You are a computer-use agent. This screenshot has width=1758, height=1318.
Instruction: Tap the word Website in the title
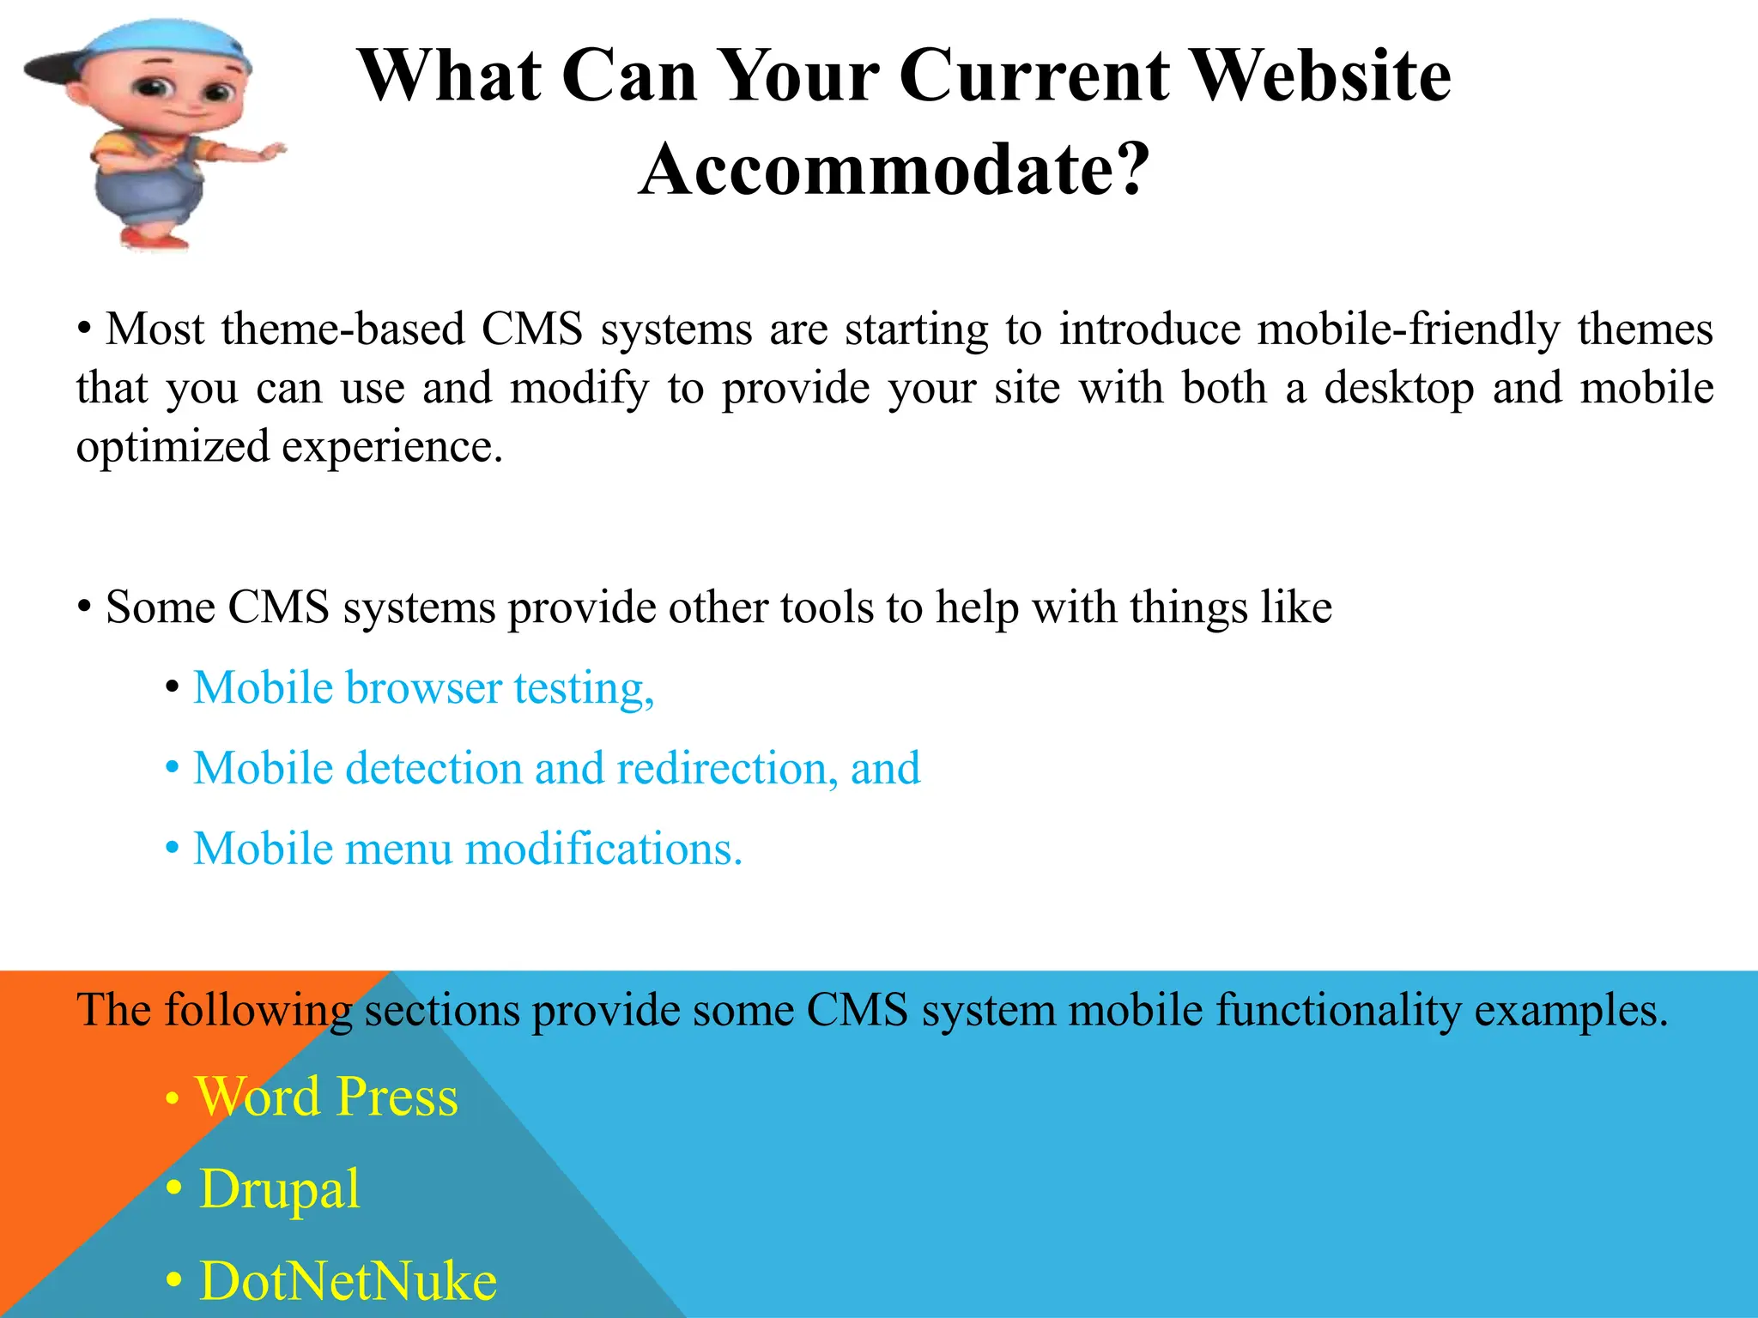1322,76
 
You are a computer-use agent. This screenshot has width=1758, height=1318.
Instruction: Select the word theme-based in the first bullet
343,329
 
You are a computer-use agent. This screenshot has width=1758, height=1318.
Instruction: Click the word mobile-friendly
1408,329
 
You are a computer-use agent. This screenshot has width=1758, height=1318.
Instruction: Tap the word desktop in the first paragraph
1399,388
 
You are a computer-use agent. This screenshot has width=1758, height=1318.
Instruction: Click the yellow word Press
397,1097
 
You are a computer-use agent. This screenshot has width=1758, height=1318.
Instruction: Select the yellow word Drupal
279,1189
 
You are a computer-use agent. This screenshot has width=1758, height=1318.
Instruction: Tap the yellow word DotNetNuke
348,1281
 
